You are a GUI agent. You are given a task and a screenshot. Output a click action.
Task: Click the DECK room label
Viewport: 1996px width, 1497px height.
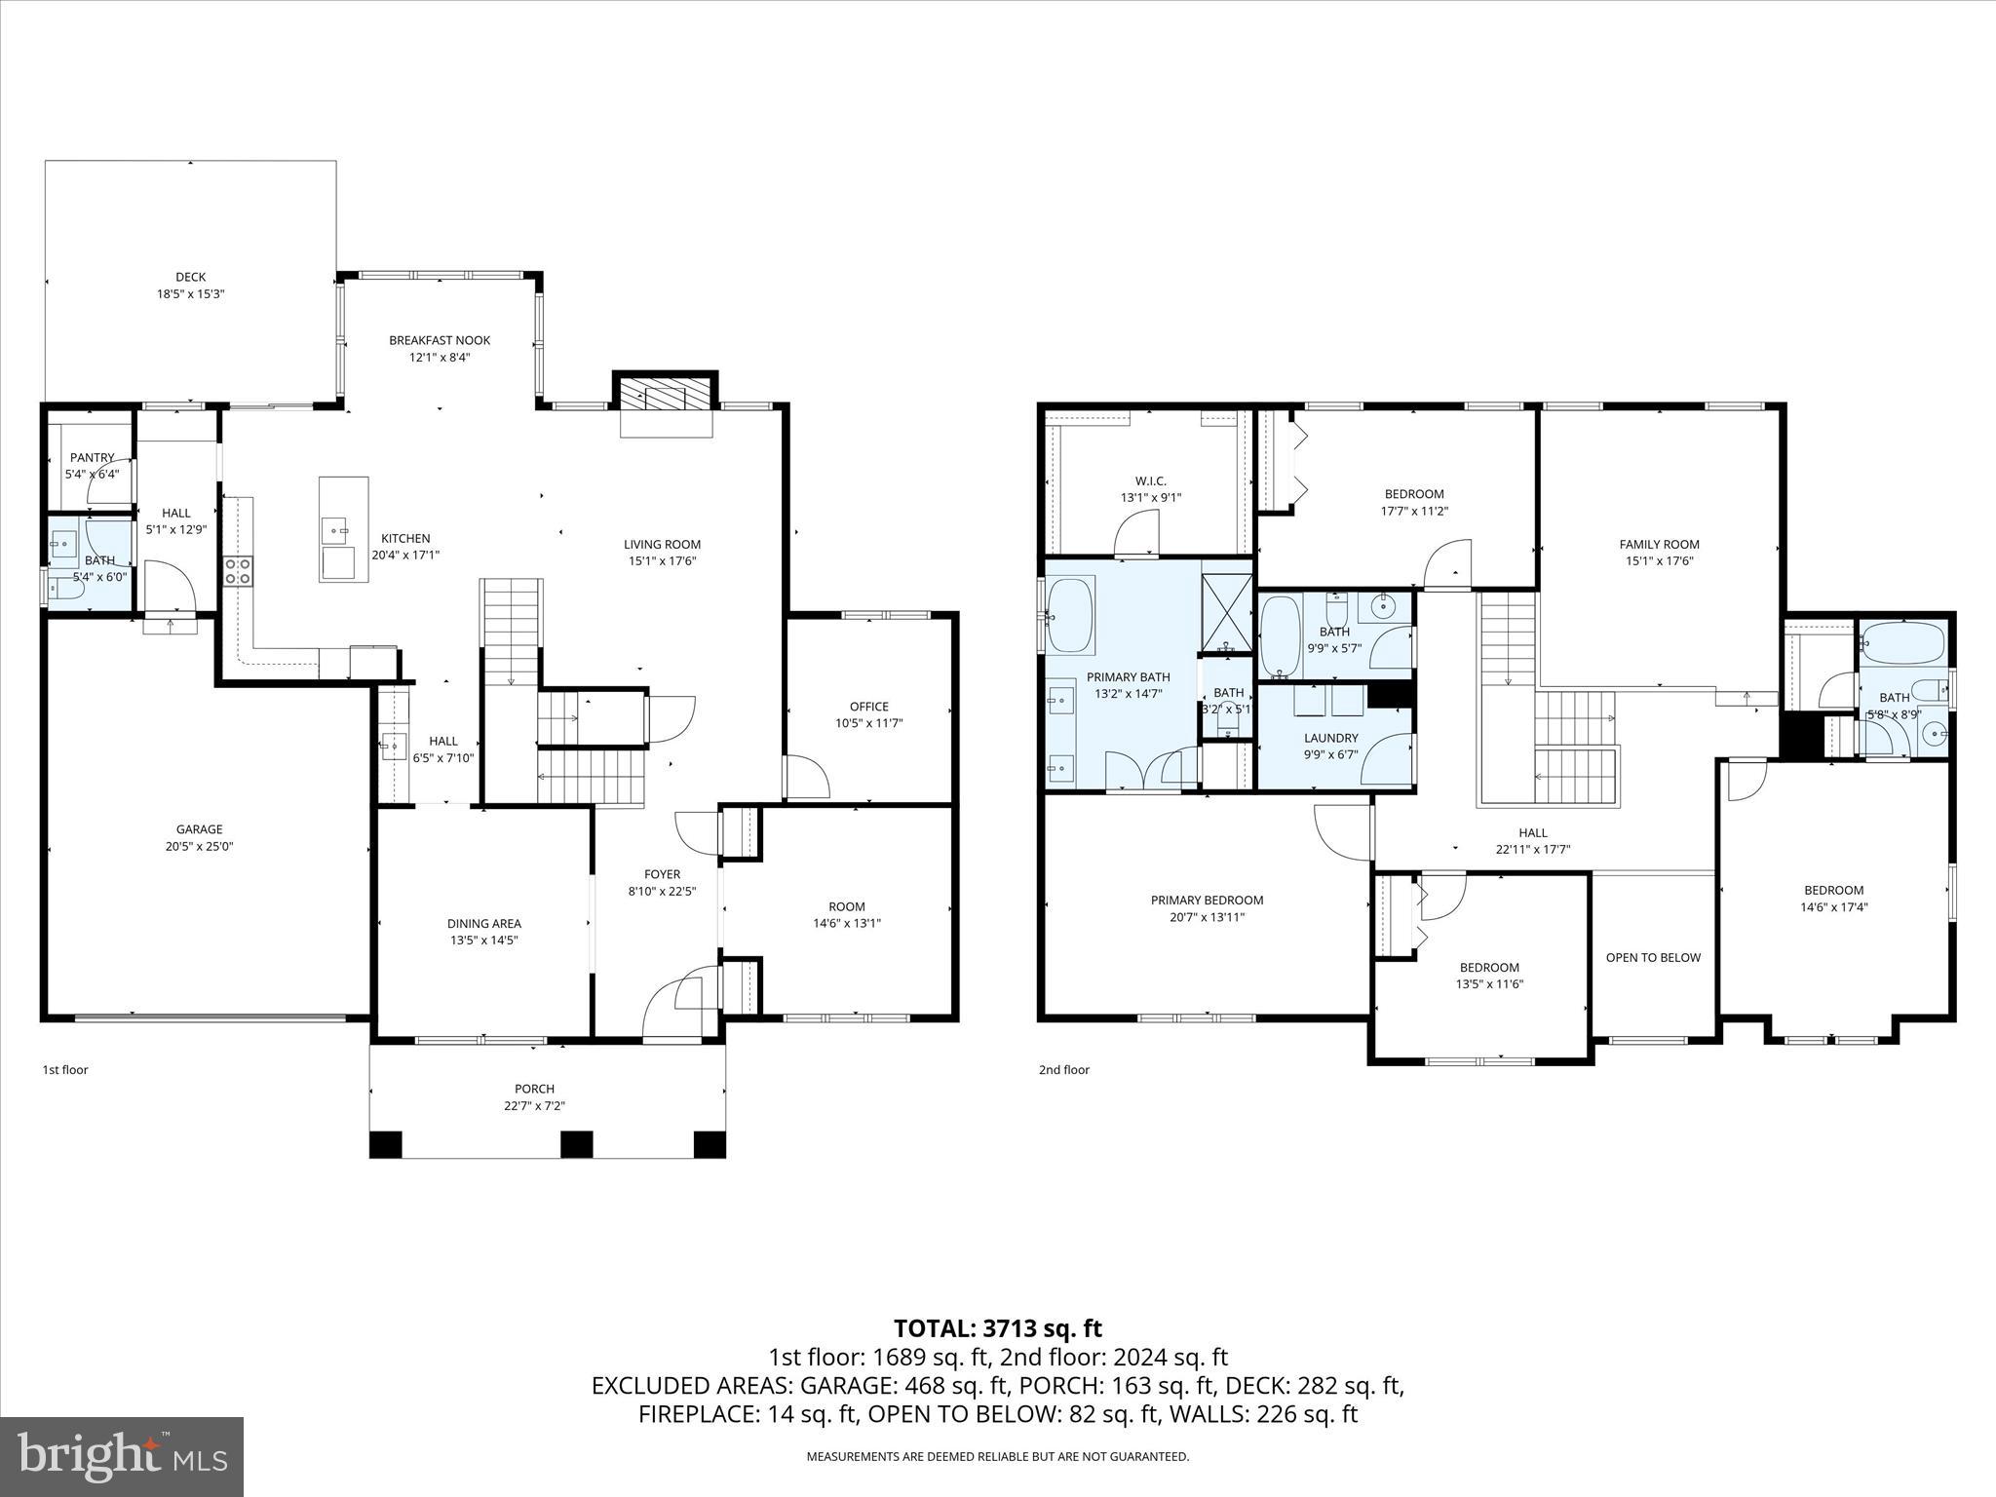pos(191,277)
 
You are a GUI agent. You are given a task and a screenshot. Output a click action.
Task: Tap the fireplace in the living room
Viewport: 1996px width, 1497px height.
pos(666,399)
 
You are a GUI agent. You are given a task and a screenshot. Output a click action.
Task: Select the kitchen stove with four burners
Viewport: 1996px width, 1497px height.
pos(239,570)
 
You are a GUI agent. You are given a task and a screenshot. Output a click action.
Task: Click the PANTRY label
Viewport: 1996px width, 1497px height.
pos(93,457)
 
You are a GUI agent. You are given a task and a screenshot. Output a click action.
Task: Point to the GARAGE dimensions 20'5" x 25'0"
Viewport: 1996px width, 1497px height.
pos(199,846)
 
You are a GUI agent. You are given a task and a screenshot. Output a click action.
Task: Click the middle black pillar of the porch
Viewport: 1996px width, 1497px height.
pos(576,1143)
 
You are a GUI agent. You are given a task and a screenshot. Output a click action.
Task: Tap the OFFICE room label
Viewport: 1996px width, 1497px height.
pos(868,707)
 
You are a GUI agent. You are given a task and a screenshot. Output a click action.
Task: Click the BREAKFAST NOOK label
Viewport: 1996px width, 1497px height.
pos(440,340)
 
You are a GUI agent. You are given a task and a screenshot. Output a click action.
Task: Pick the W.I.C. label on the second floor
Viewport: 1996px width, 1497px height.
pos(1150,480)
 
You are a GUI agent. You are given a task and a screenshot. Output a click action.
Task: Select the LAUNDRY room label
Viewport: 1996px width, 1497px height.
pos(1330,738)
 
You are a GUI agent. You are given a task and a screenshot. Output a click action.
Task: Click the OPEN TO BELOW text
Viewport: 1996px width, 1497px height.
pos(1653,957)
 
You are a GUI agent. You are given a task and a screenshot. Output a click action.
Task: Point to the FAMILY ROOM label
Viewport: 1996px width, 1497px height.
pos(1659,545)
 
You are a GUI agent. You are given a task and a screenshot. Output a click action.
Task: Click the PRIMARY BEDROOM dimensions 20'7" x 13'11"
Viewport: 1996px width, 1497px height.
pos(1207,917)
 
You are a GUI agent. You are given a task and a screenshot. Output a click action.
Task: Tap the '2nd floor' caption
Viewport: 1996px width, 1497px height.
pos(1063,1069)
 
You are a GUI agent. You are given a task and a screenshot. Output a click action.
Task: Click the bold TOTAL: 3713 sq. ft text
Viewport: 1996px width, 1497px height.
pos(997,1328)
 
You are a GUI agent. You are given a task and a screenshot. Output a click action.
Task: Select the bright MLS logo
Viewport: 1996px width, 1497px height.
pos(122,1457)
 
